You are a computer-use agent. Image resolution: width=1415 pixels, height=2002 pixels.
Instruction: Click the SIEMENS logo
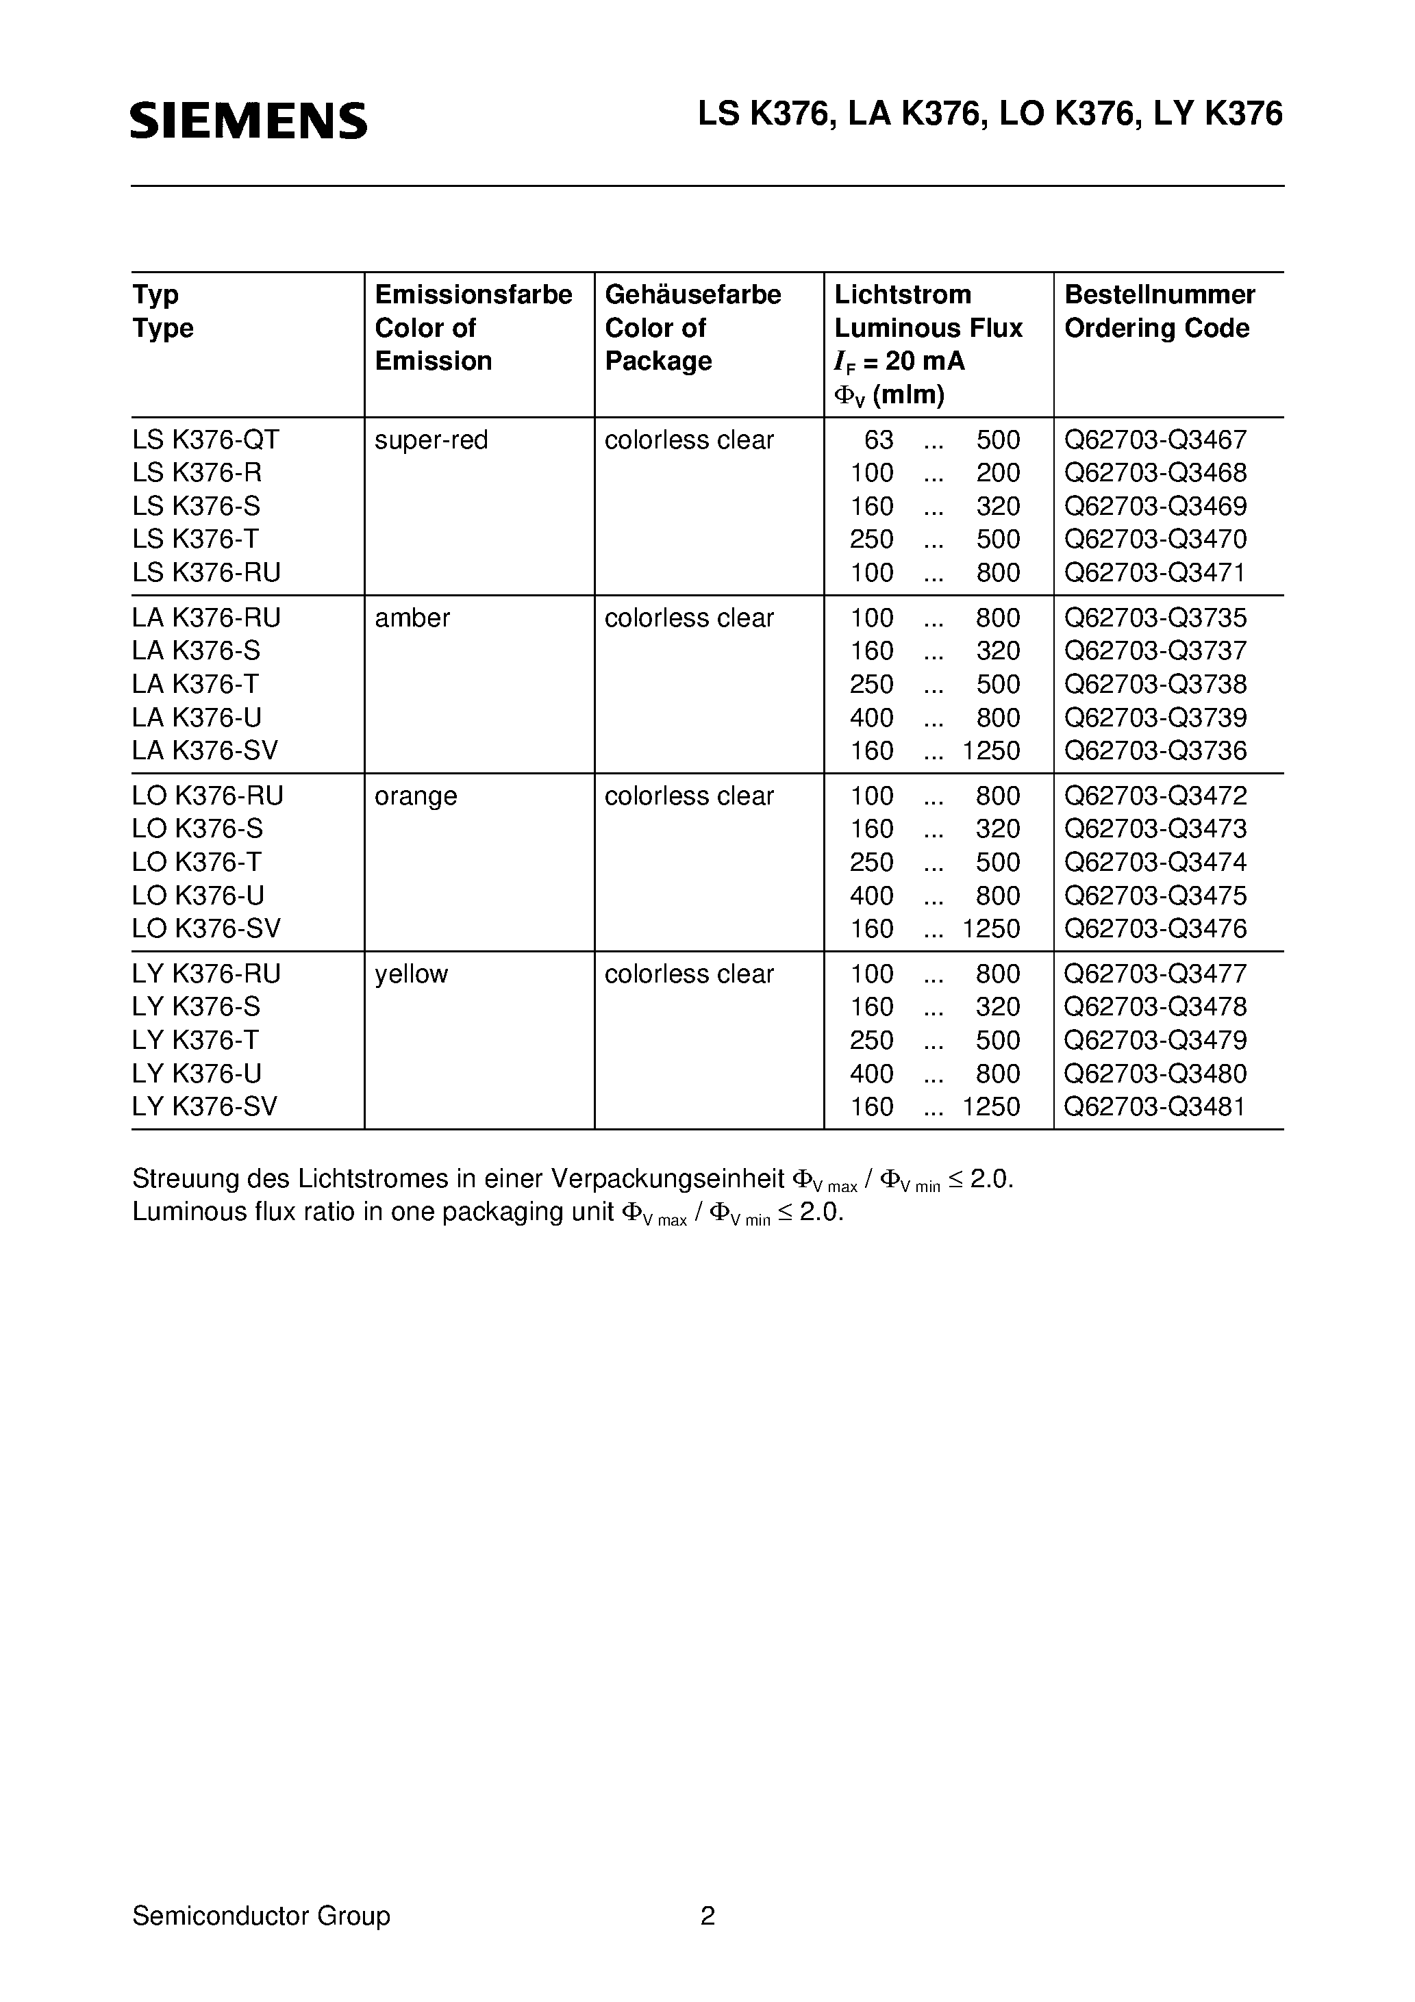(x=249, y=121)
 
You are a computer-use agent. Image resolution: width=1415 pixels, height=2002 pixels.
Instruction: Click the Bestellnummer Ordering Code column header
(x=1160, y=312)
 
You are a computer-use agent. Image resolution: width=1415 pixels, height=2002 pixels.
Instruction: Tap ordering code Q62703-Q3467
(x=1155, y=440)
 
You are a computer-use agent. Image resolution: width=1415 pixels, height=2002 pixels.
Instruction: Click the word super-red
(x=431, y=440)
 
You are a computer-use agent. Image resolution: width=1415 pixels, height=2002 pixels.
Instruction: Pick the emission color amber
(x=412, y=618)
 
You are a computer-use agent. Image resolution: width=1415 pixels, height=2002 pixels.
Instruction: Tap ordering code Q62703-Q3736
(x=1155, y=750)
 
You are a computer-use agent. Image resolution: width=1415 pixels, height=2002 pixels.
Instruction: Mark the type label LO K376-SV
(x=206, y=928)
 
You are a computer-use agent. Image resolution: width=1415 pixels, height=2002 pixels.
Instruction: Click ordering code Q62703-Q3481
(x=1155, y=1106)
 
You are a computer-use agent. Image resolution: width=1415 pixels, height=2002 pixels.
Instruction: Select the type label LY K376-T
(x=195, y=1040)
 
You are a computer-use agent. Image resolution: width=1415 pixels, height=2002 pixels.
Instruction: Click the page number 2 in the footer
(x=707, y=1916)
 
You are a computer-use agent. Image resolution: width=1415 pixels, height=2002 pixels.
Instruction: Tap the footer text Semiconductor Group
(x=261, y=1916)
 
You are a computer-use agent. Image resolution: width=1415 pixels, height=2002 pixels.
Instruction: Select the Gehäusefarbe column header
(x=692, y=294)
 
